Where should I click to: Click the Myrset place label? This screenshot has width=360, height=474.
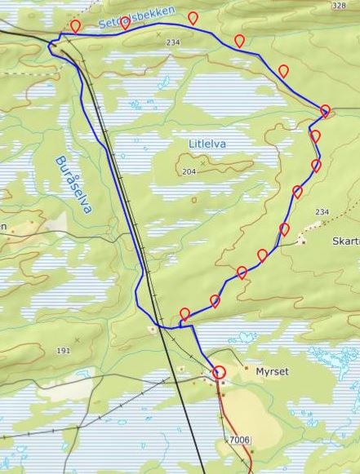(x=272, y=371)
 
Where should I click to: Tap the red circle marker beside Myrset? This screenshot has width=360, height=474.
(x=219, y=373)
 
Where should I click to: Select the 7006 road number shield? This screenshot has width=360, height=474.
(x=239, y=441)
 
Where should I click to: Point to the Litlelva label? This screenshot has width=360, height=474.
(x=207, y=144)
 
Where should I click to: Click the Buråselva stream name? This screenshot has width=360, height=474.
(x=71, y=184)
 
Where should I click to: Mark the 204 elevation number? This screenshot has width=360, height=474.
(x=190, y=172)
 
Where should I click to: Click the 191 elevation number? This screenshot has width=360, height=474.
(x=64, y=351)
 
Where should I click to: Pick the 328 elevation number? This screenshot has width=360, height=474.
(x=339, y=6)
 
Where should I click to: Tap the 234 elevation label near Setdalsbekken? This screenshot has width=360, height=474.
(x=172, y=42)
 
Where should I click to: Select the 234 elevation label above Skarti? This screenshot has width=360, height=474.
(x=321, y=212)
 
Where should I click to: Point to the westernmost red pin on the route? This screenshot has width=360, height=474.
(x=76, y=26)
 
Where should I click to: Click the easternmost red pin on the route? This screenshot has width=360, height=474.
(x=325, y=111)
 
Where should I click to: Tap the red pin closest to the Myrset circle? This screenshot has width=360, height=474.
(x=185, y=314)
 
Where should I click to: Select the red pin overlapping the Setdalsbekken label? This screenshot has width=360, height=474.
(x=126, y=22)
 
